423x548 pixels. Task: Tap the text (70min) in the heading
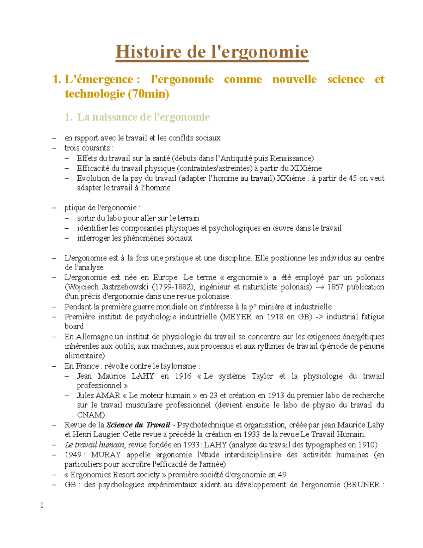(148, 94)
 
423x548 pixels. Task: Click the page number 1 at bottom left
(42, 505)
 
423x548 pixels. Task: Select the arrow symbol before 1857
(320, 287)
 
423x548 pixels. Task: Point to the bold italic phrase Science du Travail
(138, 425)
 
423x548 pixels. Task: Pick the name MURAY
(106, 455)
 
